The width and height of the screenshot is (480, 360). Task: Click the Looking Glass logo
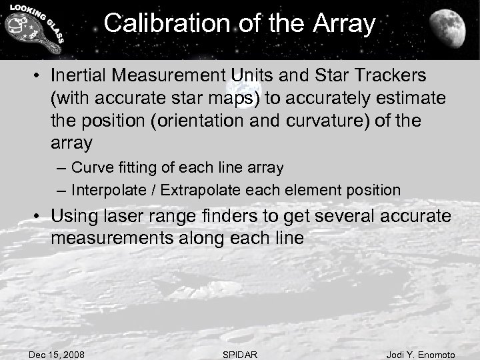[33, 30]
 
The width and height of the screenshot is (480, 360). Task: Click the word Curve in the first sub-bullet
[90, 167]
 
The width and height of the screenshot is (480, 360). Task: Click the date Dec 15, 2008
[57, 355]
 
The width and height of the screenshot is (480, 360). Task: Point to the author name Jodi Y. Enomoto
[421, 355]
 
